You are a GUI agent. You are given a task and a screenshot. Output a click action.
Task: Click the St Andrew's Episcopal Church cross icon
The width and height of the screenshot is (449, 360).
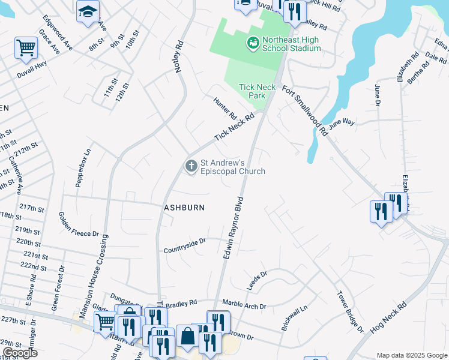coord(191,166)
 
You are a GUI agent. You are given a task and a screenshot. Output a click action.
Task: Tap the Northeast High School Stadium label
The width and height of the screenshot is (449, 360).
coord(291,44)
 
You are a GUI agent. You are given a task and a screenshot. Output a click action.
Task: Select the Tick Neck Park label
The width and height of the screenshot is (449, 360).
coord(258,91)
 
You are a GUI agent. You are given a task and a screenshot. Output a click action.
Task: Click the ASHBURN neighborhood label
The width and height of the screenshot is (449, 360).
coord(185,208)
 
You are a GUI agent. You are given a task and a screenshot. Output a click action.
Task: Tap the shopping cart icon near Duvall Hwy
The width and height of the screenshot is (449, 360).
coord(26,47)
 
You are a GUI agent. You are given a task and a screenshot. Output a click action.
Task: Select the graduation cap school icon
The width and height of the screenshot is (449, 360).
coord(88,11)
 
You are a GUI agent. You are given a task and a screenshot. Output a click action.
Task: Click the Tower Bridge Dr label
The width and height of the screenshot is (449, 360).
coord(351,312)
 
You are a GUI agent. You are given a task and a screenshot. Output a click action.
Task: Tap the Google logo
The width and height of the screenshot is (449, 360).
coord(20,353)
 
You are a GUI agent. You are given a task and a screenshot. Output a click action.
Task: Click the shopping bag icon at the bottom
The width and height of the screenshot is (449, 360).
coord(188,336)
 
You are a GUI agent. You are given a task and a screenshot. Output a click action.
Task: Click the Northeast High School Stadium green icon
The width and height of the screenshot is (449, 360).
coord(253,43)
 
